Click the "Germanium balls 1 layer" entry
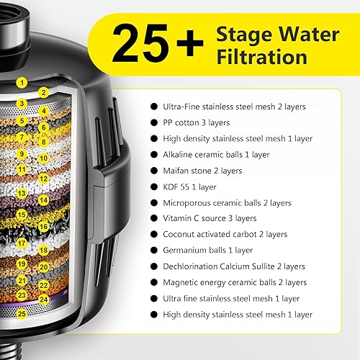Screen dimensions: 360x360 207,251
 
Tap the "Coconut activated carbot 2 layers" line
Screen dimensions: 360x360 225,235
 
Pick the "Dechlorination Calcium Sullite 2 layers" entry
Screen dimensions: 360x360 233,266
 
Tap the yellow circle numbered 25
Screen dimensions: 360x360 22,312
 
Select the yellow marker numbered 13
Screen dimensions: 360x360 22,193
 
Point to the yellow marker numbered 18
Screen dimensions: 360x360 43,250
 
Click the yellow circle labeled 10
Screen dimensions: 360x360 43,158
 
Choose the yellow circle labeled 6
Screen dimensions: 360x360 43,127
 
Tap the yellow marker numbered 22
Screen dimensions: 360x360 43,284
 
